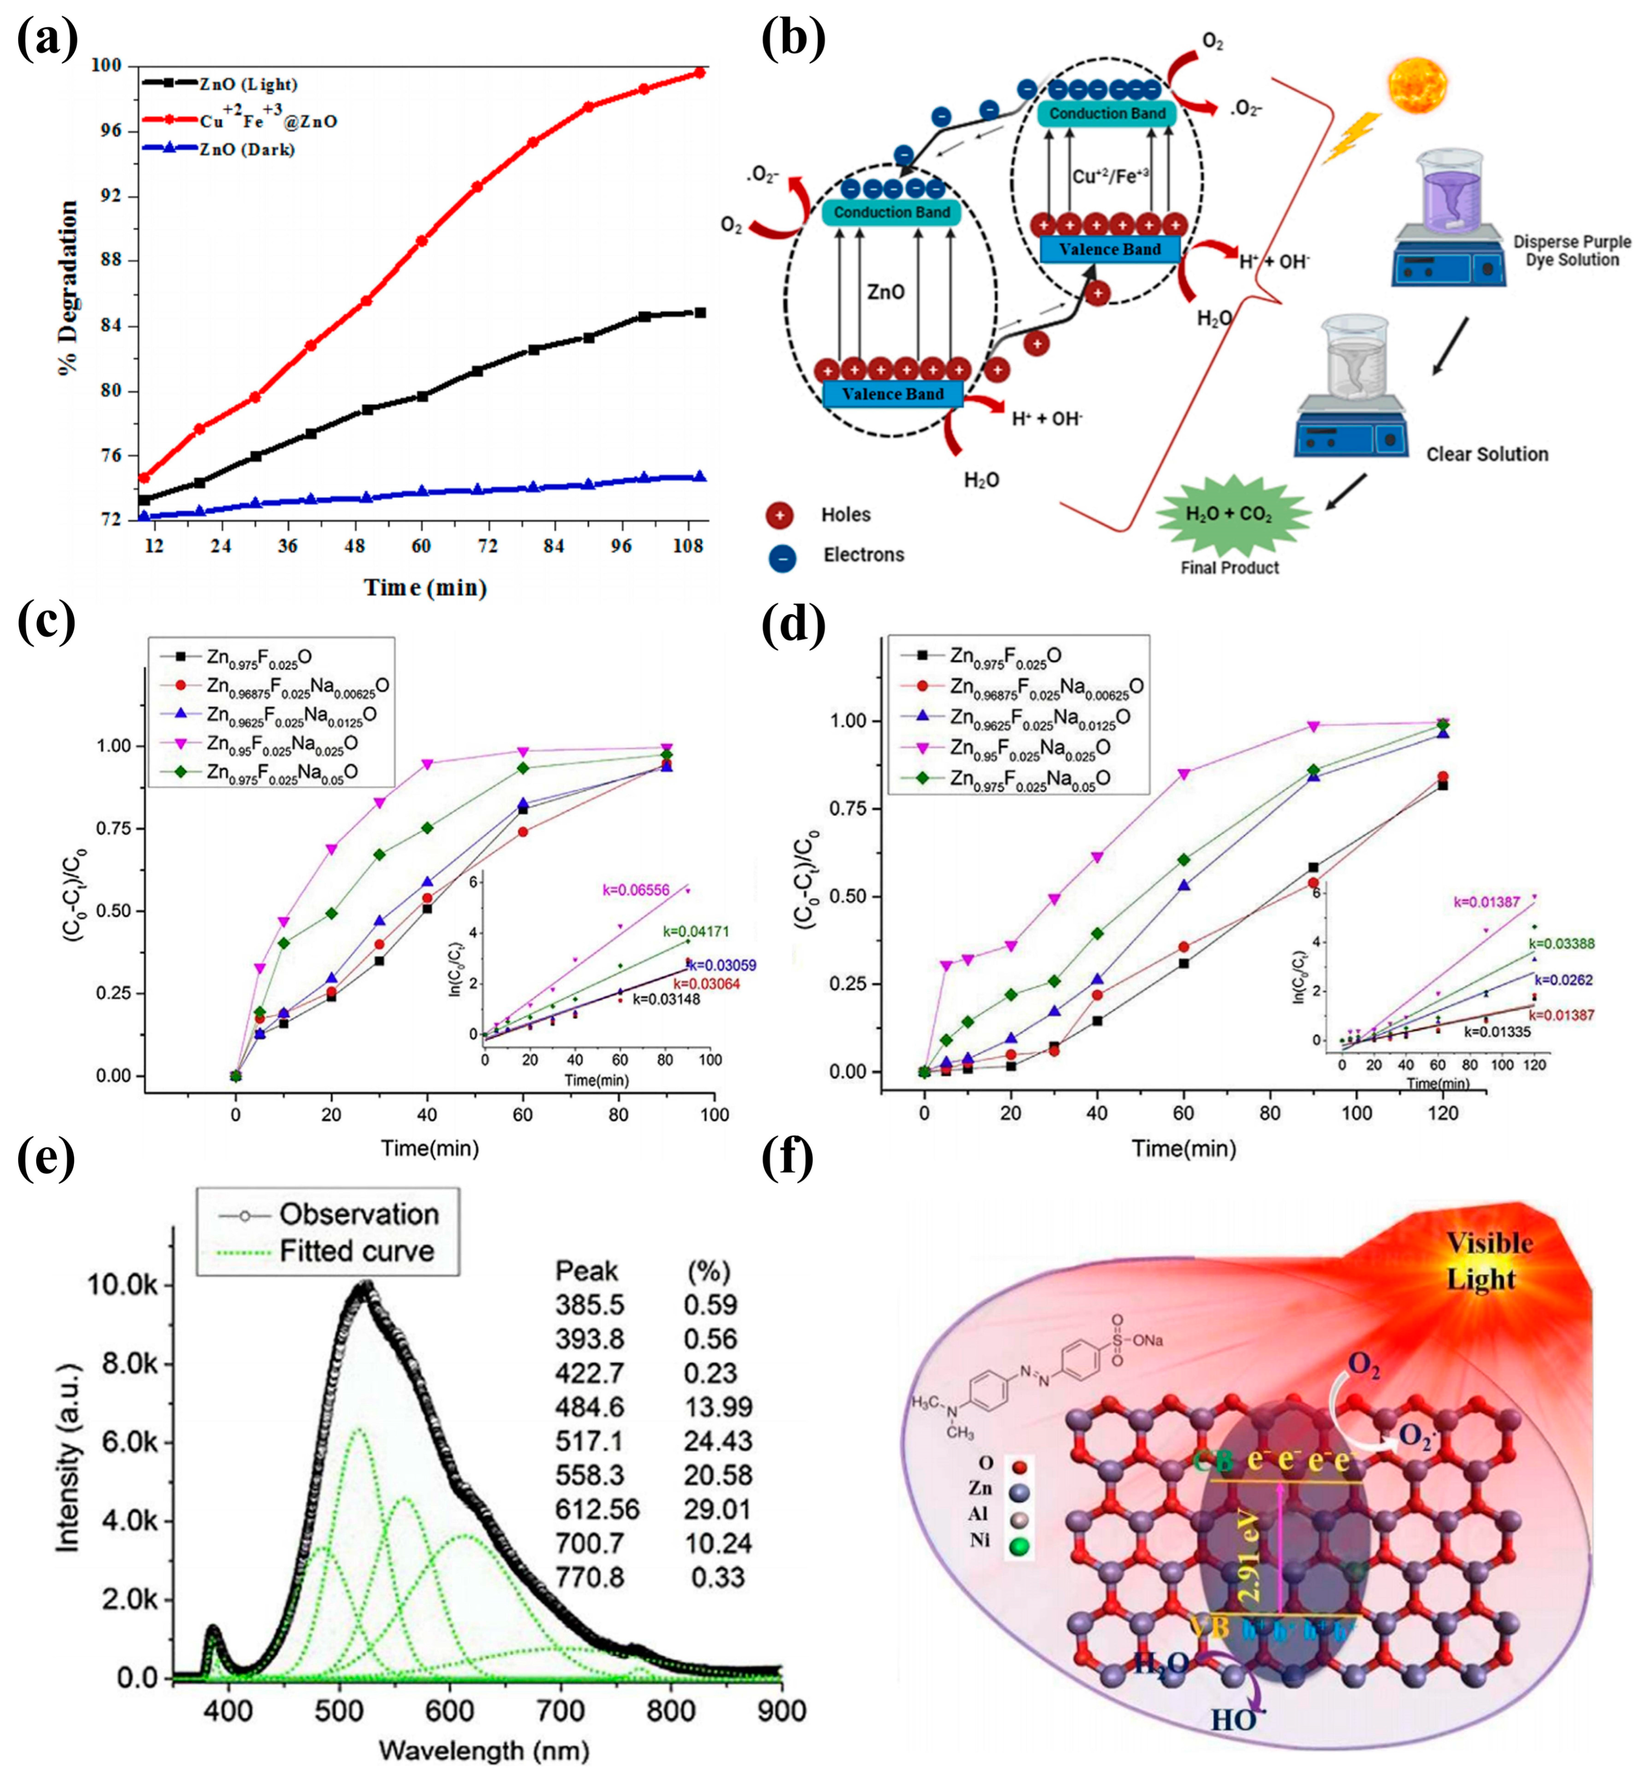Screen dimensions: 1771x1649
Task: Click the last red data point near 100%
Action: point(700,73)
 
